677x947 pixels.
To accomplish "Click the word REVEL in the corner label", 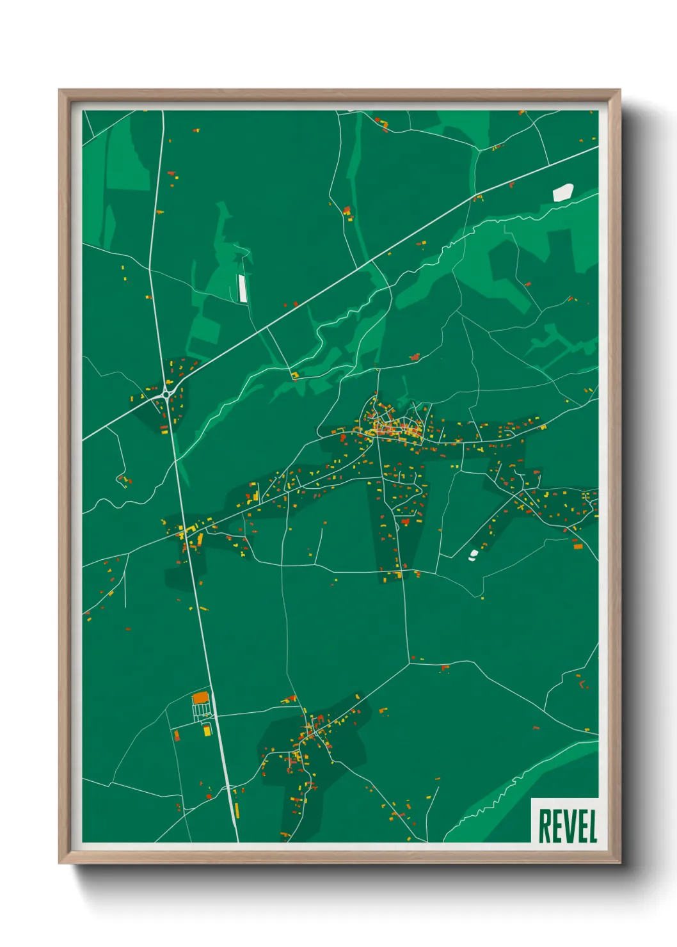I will [x=568, y=825].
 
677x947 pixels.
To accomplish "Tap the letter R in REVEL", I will [x=545, y=826].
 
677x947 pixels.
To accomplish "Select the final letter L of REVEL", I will [x=592, y=826].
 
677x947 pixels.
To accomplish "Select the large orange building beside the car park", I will [x=200, y=697].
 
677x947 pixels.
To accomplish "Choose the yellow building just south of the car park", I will [x=207, y=729].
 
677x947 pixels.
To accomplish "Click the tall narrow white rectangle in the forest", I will [x=243, y=288].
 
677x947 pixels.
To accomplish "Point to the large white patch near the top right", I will [x=563, y=192].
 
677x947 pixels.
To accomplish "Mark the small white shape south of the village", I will [x=474, y=554].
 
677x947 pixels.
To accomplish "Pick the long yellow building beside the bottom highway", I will [x=236, y=810].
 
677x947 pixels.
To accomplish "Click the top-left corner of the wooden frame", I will [x=60, y=90].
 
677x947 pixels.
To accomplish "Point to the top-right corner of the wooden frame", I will [x=619, y=90].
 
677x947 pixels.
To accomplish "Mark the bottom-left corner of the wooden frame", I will [x=60, y=863].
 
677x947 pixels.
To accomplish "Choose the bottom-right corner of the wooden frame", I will [x=619, y=863].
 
